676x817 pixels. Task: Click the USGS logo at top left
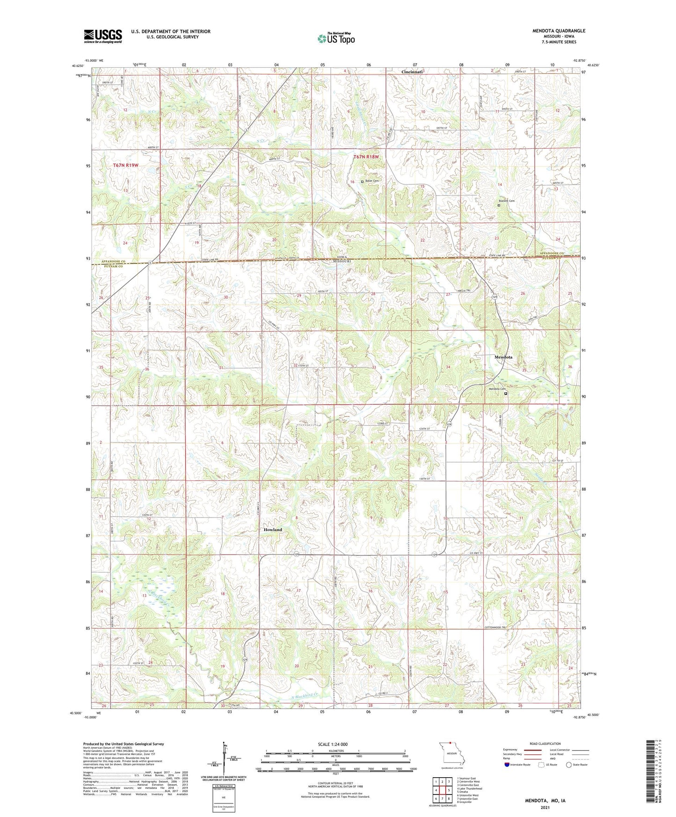pyautogui.click(x=103, y=36)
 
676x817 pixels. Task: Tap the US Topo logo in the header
pyautogui.click(x=335, y=39)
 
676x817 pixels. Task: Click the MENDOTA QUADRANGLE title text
pyautogui.click(x=559, y=31)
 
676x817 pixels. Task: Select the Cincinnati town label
pyautogui.click(x=412, y=72)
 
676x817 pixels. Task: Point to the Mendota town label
pyautogui.click(x=503, y=357)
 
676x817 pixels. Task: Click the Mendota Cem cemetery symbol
pyautogui.click(x=505, y=394)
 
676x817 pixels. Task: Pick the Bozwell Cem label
pyautogui.click(x=505, y=201)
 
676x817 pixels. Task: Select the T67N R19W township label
pyautogui.click(x=126, y=166)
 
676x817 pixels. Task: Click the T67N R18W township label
pyautogui.click(x=366, y=157)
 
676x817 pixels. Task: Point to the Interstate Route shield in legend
pyautogui.click(x=507, y=765)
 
